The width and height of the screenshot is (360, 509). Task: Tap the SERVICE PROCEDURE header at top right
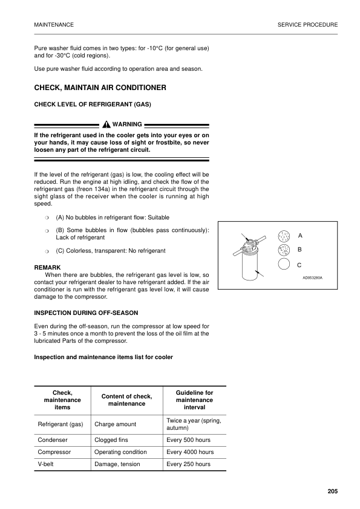pos(307,25)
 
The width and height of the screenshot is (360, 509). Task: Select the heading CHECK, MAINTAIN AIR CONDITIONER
pos(100,88)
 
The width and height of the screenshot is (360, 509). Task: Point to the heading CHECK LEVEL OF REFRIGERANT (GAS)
pos(93,105)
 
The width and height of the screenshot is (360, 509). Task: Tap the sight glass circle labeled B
pos(284,250)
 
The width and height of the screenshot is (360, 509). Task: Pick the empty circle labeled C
pos(284,264)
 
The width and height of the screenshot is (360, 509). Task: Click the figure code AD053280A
pos(313,277)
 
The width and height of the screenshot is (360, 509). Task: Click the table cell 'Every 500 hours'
pos(189,440)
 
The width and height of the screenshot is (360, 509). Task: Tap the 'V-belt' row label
pos(48,464)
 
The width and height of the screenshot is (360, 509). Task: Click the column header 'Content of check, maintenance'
pos(126,400)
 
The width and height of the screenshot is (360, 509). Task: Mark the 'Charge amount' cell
pos(115,424)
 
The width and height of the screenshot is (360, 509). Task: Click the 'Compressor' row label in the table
pos(54,452)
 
